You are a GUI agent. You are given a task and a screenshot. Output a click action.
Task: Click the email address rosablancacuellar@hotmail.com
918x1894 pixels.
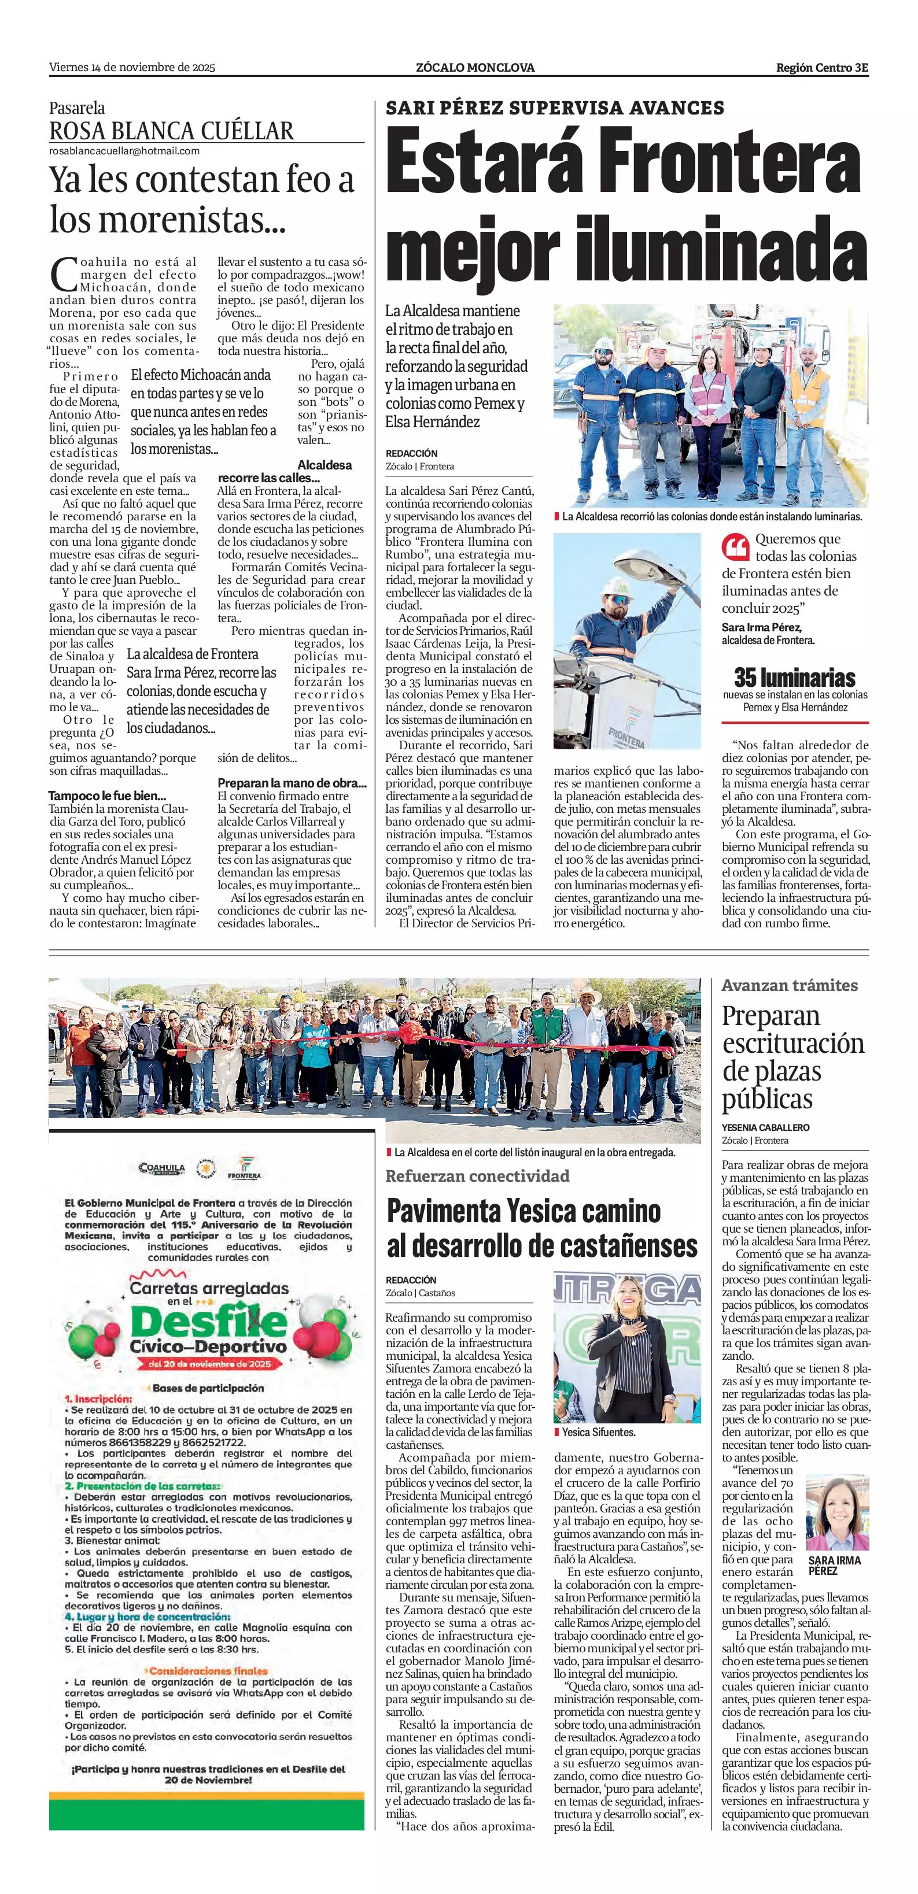(x=124, y=151)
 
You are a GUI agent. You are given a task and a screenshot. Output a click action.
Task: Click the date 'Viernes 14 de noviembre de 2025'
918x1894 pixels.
(x=132, y=68)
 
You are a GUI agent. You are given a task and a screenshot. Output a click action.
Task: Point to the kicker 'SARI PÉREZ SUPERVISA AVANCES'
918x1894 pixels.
(x=555, y=108)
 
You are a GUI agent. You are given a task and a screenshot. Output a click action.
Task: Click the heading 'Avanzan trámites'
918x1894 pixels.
(x=789, y=985)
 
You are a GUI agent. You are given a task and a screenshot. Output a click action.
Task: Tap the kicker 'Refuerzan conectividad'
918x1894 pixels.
(x=477, y=1176)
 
